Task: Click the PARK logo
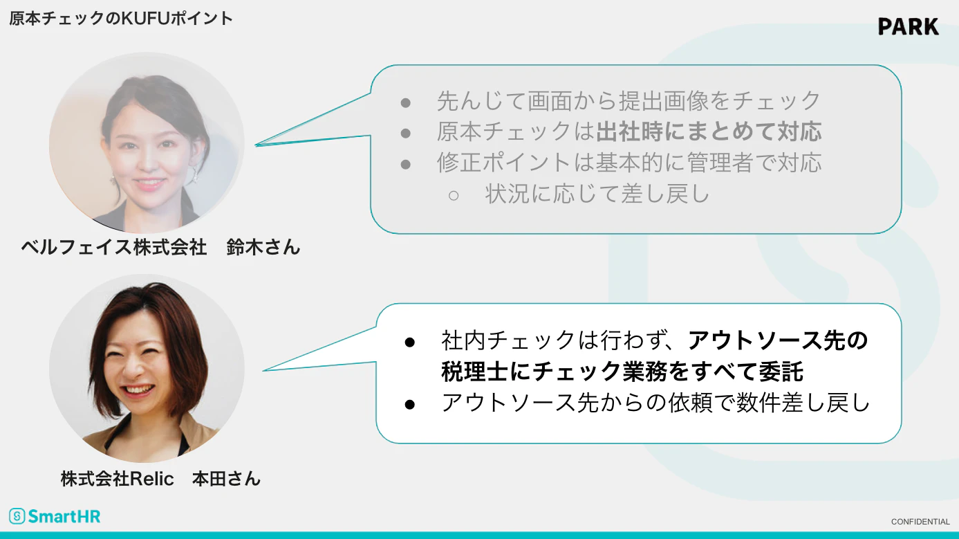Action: coord(909,26)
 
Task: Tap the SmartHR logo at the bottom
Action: coord(55,516)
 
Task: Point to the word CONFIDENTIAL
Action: coord(920,522)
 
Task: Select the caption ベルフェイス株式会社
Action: coord(114,247)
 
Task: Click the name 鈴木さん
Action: coord(263,247)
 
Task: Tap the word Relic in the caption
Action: coord(151,479)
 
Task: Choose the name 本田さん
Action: coord(227,479)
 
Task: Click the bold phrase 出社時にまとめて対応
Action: coord(709,131)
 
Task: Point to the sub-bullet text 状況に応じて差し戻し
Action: coord(597,194)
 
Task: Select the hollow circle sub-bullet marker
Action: coord(454,196)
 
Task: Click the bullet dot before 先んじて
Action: coord(405,103)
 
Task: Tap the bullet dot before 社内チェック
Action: coord(410,342)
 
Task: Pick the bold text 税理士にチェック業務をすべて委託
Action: coord(622,371)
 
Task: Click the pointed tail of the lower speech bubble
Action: coord(263,371)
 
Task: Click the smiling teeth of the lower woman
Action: coord(138,390)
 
